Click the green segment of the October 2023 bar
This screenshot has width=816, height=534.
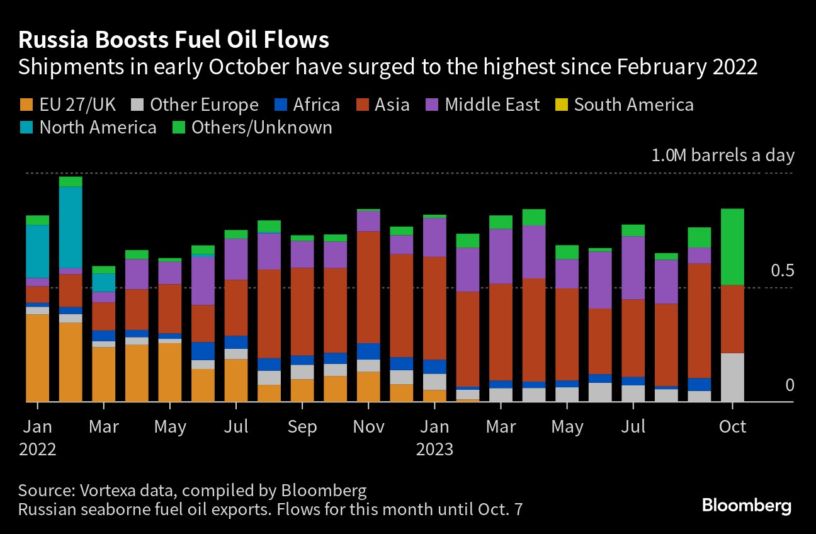[732, 246]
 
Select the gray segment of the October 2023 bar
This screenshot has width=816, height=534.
[732, 377]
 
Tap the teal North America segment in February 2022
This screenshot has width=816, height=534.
[71, 227]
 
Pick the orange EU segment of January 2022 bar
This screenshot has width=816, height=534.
[37, 357]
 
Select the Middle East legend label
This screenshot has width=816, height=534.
[492, 105]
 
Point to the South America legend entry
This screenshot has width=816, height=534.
[633, 105]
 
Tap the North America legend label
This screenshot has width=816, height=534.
[98, 128]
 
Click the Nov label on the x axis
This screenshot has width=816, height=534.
[368, 427]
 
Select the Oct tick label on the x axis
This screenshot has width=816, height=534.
[732, 427]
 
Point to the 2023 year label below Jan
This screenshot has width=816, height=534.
[434, 450]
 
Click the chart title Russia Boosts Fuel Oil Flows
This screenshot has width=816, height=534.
[174, 40]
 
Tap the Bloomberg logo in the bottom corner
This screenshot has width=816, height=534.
[746, 506]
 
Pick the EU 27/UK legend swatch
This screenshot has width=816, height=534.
[26, 105]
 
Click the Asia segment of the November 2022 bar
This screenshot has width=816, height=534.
[368, 287]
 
